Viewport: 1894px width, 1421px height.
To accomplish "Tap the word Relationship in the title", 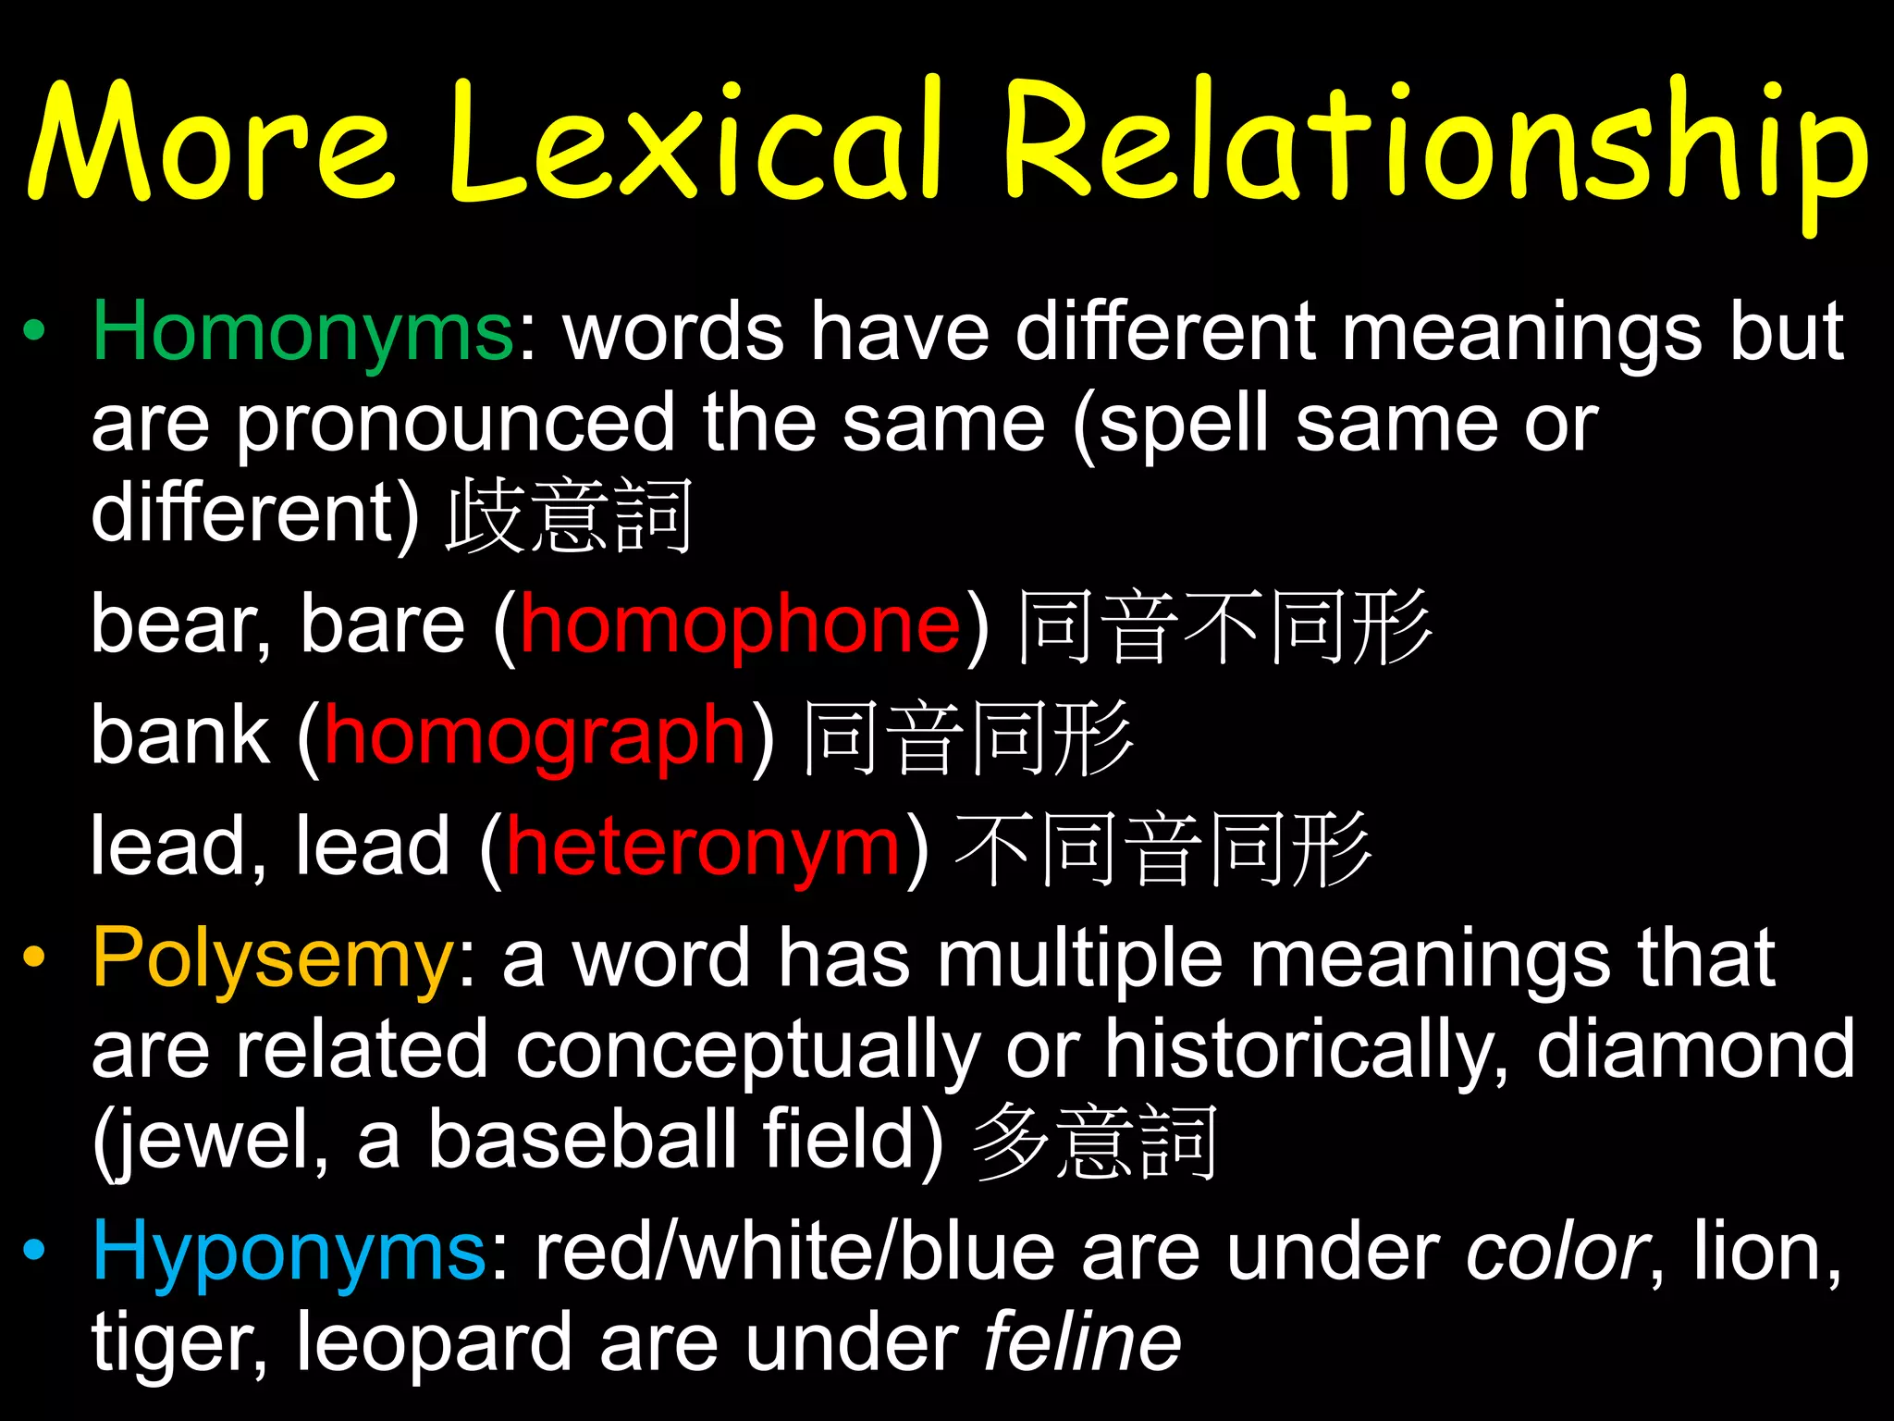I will point(1433,148).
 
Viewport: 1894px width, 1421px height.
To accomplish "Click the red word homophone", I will point(740,626).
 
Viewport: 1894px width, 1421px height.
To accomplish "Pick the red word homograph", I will point(535,737).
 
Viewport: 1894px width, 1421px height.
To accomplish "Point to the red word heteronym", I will point(703,848).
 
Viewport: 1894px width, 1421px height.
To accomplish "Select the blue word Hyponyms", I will point(289,1254).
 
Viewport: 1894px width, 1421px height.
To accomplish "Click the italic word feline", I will point(1082,1343).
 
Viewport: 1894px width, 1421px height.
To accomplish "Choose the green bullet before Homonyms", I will point(34,331).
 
